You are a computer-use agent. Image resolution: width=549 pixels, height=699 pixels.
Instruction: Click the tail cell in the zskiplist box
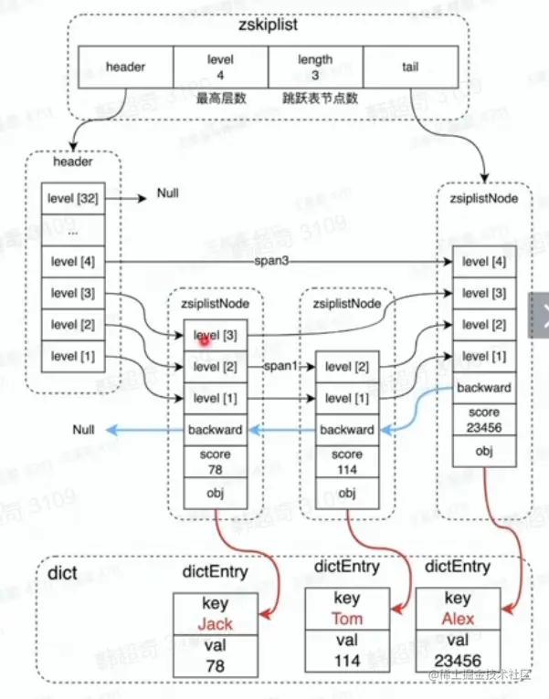pyautogui.click(x=409, y=66)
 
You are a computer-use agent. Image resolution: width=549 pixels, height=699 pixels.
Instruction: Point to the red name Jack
pyautogui.click(x=216, y=624)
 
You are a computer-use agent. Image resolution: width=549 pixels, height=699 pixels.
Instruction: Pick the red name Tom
pyautogui.click(x=347, y=619)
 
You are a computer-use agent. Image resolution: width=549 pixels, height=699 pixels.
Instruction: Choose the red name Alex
pyautogui.click(x=458, y=619)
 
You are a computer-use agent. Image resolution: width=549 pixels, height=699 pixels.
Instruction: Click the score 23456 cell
pyautogui.click(x=484, y=419)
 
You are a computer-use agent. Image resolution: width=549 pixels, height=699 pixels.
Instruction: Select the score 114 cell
pyautogui.click(x=347, y=461)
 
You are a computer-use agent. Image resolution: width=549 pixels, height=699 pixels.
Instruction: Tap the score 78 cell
pyautogui.click(x=216, y=461)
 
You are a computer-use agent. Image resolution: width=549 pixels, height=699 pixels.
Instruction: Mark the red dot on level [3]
pyautogui.click(x=204, y=339)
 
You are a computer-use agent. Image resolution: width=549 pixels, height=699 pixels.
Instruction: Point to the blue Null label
pyautogui.click(x=85, y=429)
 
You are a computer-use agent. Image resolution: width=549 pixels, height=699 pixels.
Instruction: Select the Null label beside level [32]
pyautogui.click(x=167, y=194)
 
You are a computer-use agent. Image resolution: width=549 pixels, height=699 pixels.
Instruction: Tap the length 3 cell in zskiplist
pyautogui.click(x=315, y=66)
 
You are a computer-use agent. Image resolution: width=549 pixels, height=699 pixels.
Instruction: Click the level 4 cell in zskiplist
pyautogui.click(x=220, y=66)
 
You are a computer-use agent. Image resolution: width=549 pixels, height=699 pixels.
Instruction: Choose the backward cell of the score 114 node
pyautogui.click(x=347, y=429)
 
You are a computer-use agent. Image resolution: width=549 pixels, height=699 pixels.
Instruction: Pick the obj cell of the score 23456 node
pyautogui.click(x=484, y=451)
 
